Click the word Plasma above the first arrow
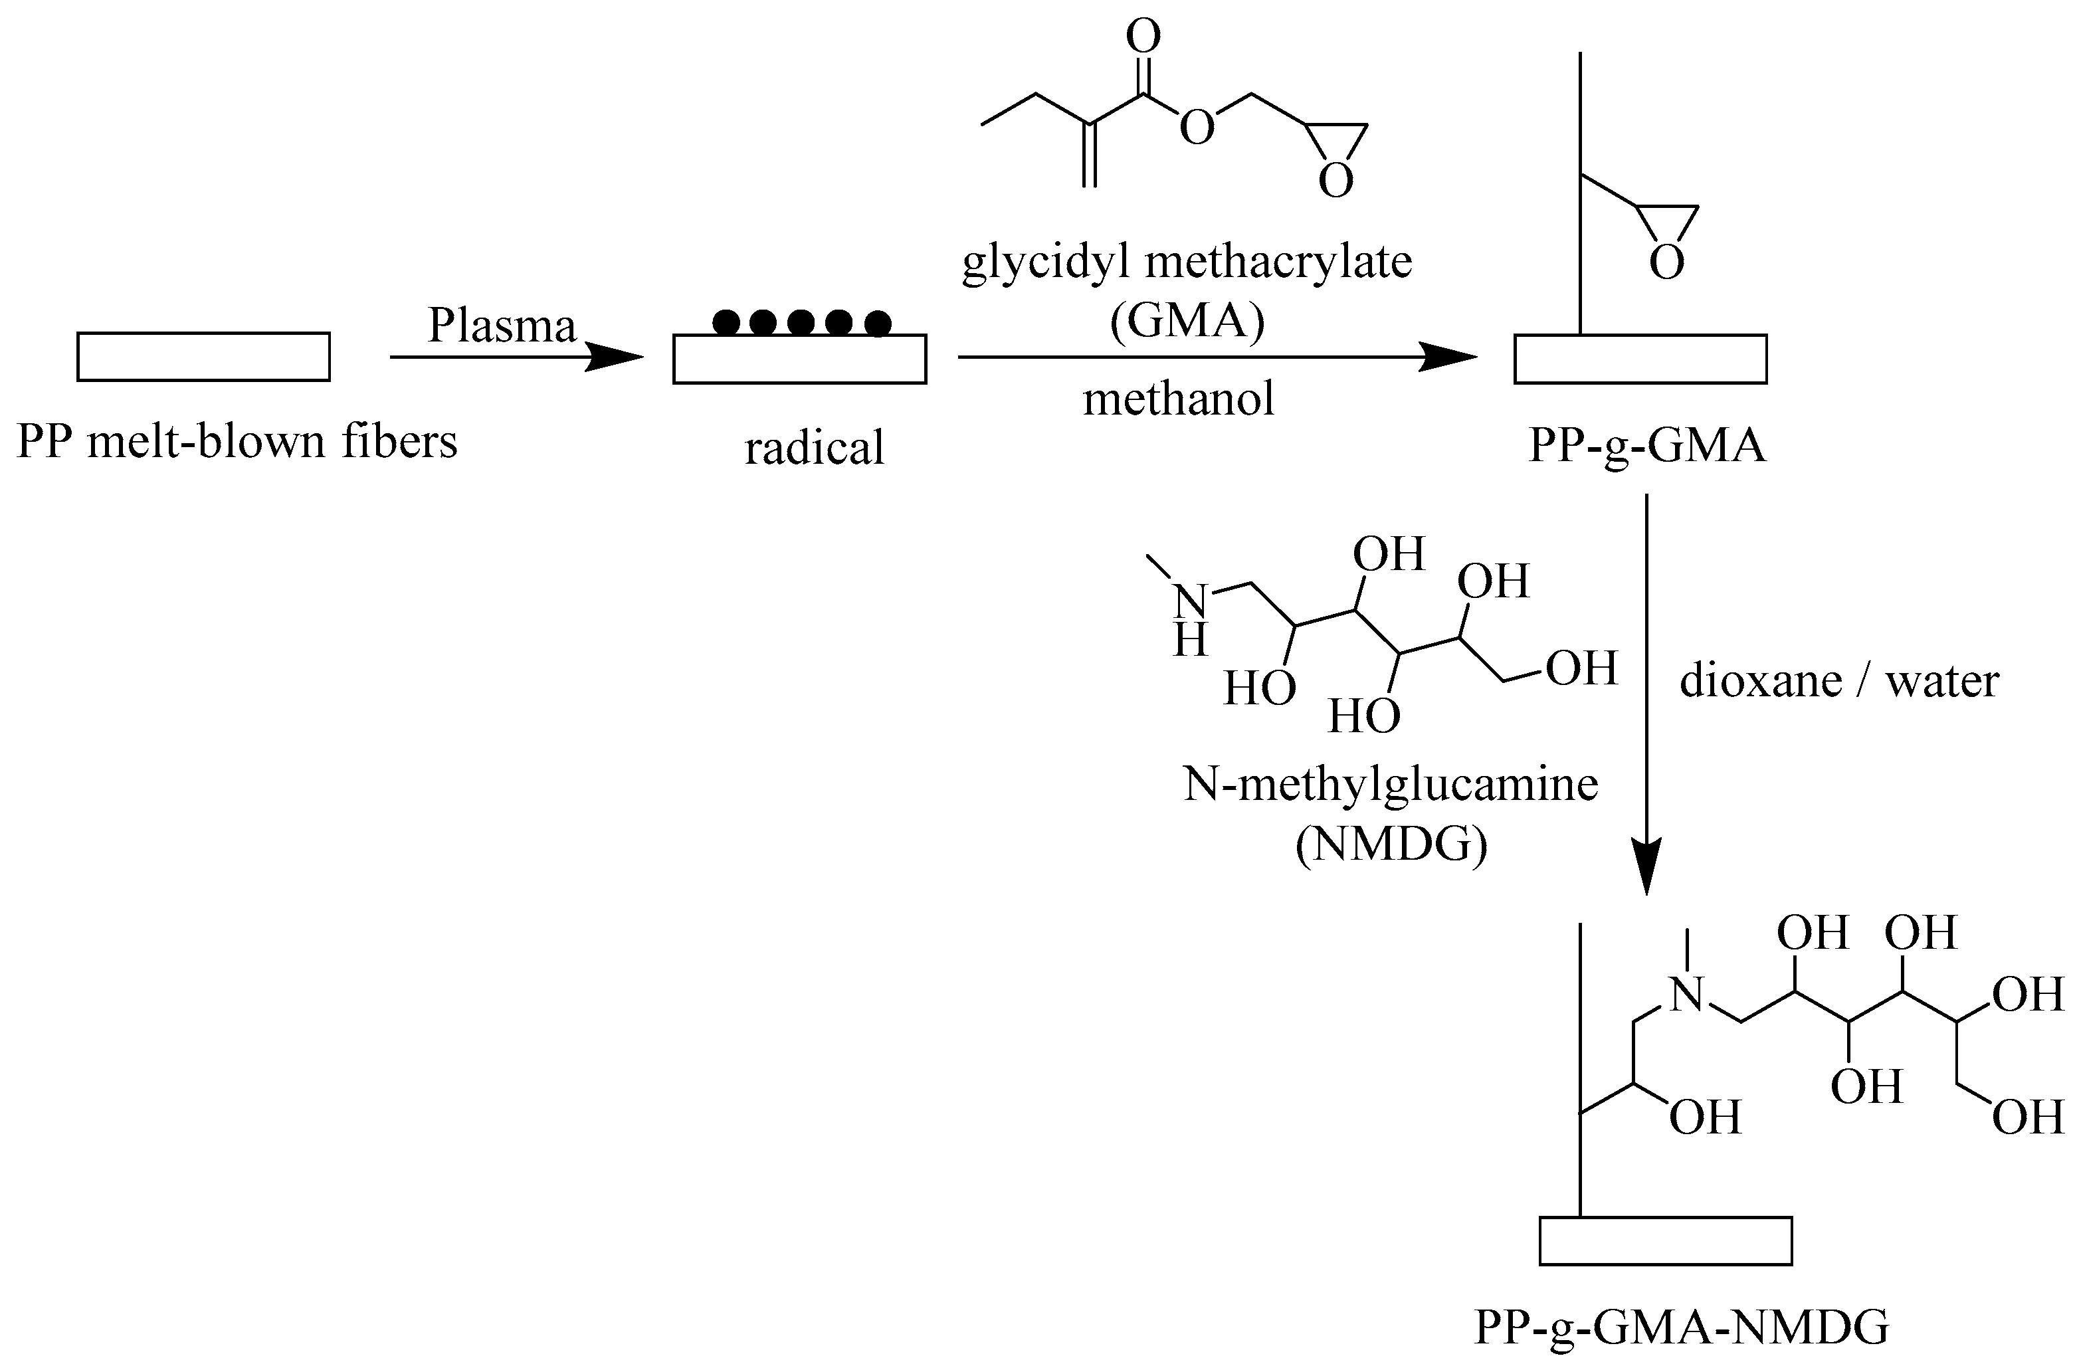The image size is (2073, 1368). tap(502, 326)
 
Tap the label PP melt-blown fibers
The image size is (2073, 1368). tap(237, 441)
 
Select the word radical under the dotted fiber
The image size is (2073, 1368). tap(814, 448)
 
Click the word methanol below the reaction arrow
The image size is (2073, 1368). tap(1178, 399)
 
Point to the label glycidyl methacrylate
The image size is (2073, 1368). tap(1187, 262)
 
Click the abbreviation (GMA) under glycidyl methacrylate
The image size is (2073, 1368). tap(1187, 320)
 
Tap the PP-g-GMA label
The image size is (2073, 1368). tap(1646, 445)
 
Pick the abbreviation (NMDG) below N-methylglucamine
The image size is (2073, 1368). tap(1391, 844)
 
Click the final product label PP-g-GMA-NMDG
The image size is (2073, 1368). tap(1681, 1327)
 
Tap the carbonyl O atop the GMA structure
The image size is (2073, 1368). tap(1143, 37)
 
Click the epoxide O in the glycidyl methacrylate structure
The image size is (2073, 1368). tap(1335, 180)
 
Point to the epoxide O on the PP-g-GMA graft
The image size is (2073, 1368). tap(1666, 262)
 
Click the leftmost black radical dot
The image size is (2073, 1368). tap(726, 323)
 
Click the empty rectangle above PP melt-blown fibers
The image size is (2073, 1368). tap(203, 357)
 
